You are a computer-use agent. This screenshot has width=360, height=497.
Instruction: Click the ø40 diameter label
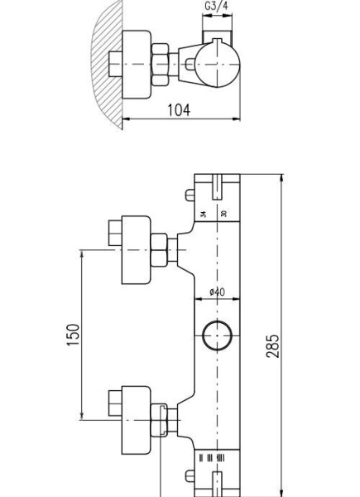(x=218, y=292)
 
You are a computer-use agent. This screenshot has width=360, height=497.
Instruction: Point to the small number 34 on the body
(x=204, y=213)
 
